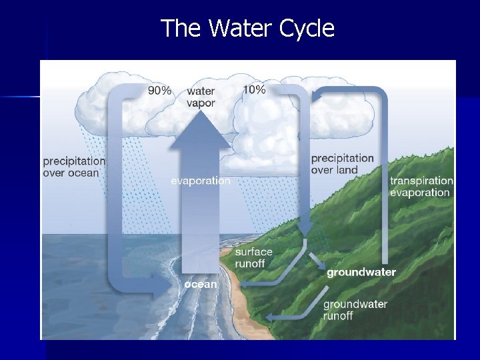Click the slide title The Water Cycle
[x=247, y=29]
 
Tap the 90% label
[x=159, y=91]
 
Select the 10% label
[x=254, y=89]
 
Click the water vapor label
[x=201, y=97]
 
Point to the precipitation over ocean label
[x=74, y=167]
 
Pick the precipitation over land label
[x=342, y=164]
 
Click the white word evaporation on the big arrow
[x=201, y=181]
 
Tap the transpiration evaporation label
[x=421, y=187]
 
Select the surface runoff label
[x=253, y=257]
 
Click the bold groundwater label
[x=361, y=272]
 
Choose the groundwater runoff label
[x=355, y=310]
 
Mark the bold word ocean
[x=201, y=284]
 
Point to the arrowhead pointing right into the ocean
[x=160, y=290]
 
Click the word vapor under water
[x=201, y=103]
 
